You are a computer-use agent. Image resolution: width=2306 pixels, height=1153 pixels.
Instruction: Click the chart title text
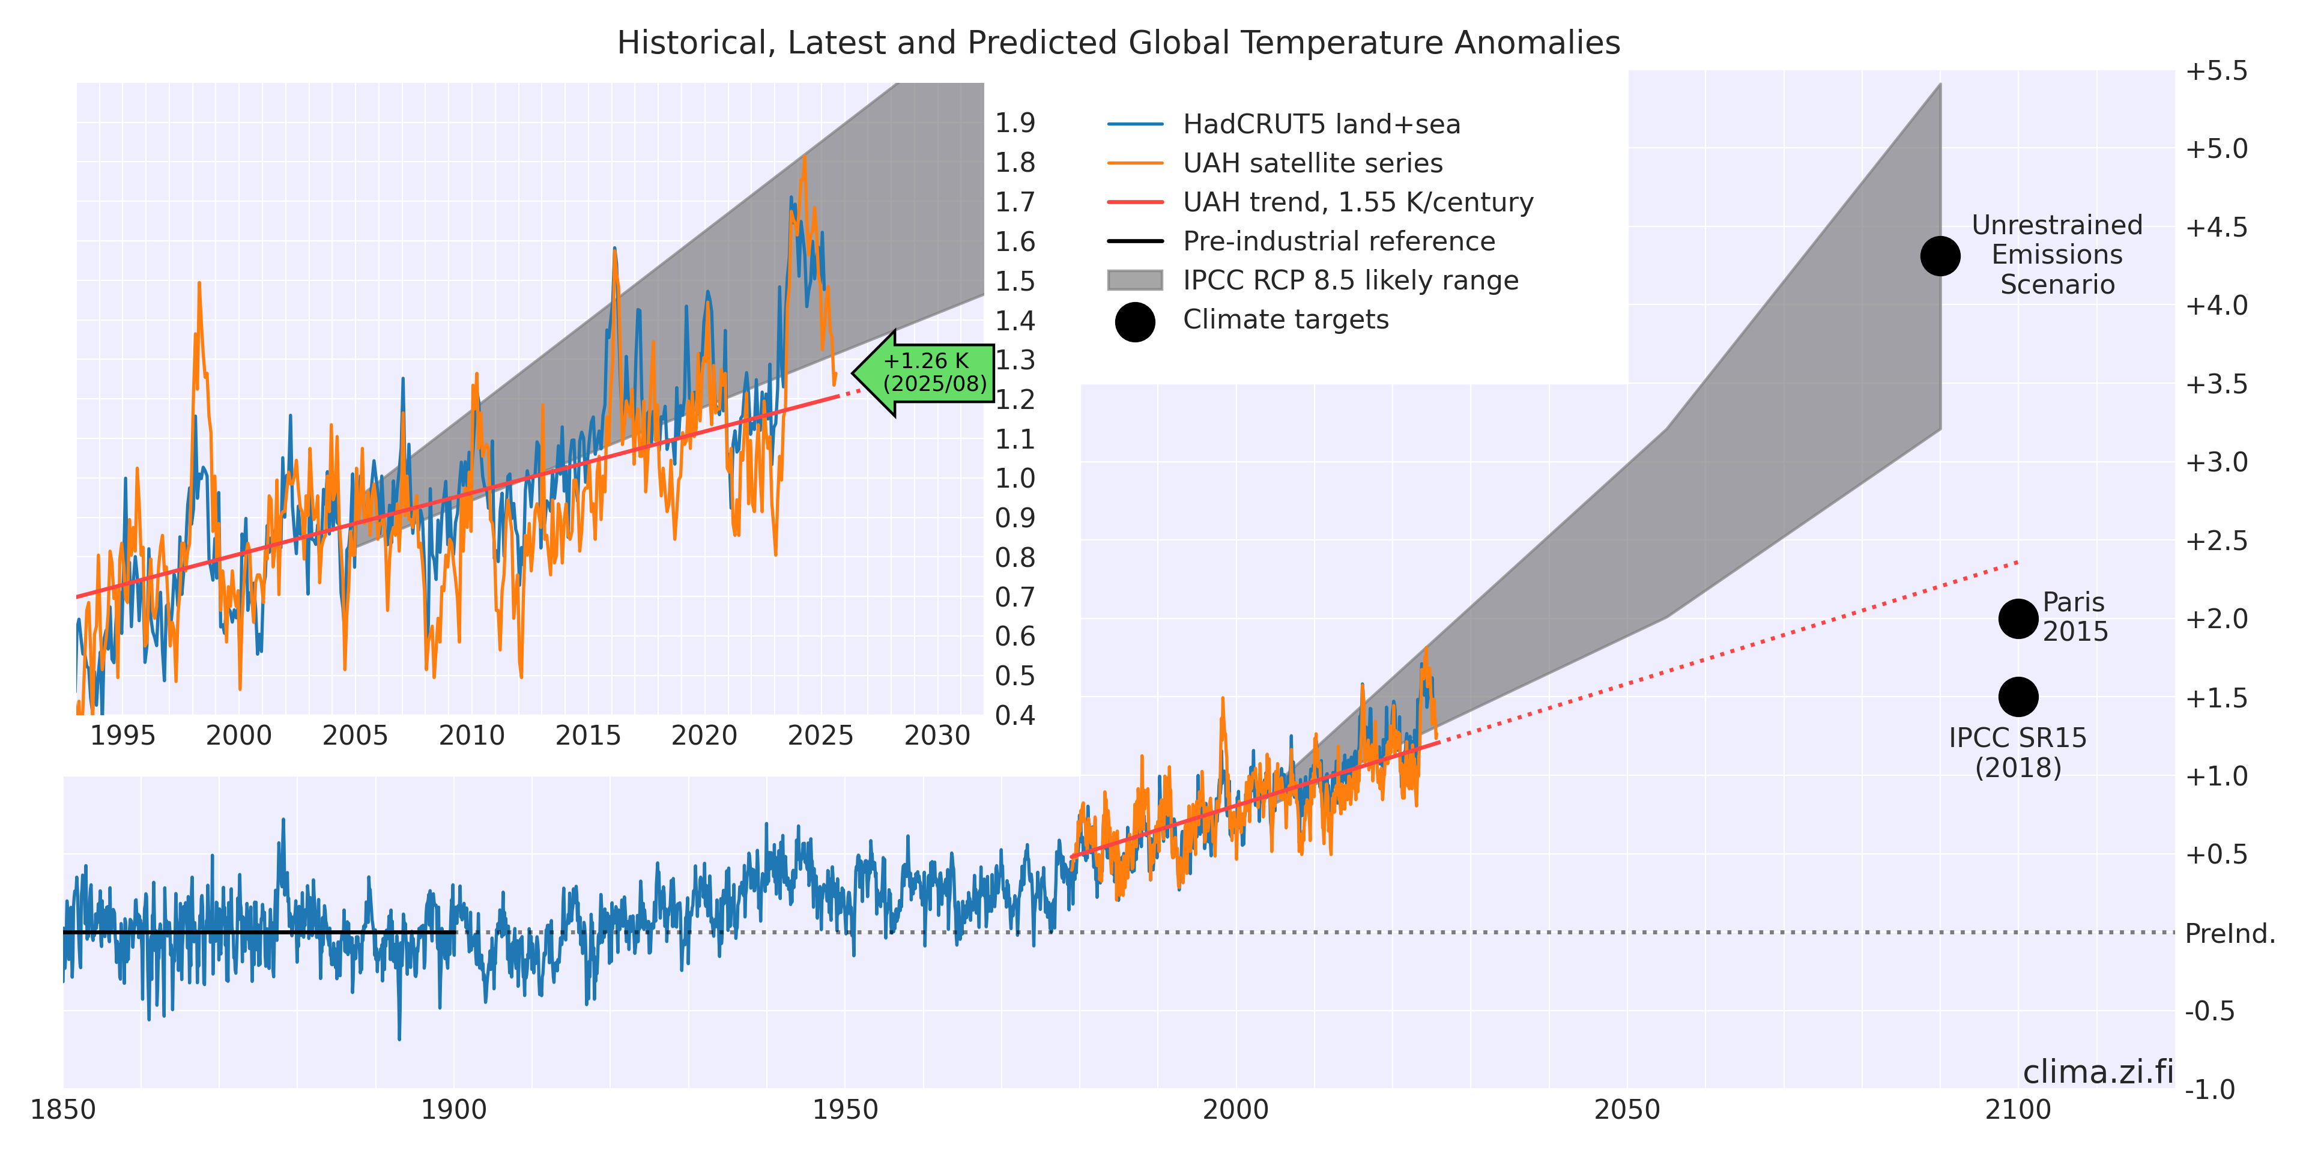coord(1118,43)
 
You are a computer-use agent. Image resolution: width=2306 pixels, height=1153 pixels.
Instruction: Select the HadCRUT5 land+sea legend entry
coord(1321,124)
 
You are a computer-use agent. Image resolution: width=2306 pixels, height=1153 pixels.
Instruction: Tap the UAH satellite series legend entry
coord(1312,164)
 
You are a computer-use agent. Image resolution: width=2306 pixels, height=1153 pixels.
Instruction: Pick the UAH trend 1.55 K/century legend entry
coord(1357,203)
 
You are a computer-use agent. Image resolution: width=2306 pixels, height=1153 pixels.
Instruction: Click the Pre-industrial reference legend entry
coord(1339,241)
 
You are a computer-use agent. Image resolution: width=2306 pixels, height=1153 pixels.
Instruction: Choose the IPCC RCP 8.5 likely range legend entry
coord(1350,281)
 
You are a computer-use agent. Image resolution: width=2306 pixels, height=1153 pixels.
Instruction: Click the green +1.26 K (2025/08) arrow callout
coord(927,372)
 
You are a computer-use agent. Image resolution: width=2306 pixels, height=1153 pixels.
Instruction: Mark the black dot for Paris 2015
coord(2018,619)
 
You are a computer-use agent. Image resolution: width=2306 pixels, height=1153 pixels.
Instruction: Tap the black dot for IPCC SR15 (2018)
coord(2018,697)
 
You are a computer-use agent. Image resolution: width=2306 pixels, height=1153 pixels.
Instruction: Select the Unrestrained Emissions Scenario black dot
coord(1940,256)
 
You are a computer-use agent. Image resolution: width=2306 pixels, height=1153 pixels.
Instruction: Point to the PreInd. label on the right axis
coord(2229,934)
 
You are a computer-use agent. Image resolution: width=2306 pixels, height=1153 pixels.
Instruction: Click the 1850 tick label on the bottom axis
coord(62,1110)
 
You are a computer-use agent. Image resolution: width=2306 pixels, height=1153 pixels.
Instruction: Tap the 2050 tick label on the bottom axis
coord(1627,1110)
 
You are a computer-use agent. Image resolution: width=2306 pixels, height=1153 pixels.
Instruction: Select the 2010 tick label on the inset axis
coord(472,736)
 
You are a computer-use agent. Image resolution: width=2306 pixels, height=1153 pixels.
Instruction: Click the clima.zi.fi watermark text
coord(2098,1071)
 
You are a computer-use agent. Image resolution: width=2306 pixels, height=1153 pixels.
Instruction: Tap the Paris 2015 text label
coord(2074,617)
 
